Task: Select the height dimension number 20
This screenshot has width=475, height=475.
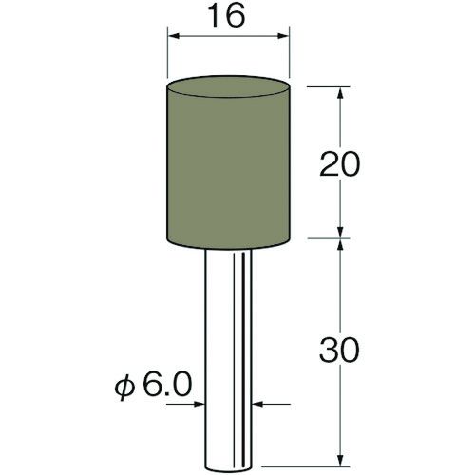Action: (340, 164)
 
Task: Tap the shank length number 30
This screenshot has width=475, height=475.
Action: (340, 350)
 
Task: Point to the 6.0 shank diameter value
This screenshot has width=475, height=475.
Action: (168, 384)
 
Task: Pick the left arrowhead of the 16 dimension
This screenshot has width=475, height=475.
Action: (174, 36)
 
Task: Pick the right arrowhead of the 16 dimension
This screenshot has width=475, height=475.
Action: (283, 36)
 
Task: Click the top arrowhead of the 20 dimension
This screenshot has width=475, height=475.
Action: (340, 93)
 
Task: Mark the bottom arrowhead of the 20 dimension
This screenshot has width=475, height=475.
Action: (340, 232)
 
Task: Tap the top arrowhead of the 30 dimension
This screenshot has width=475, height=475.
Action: (340, 245)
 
